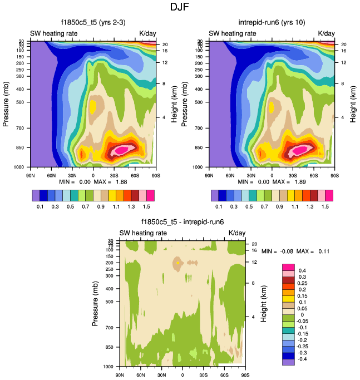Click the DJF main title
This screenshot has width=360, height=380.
click(180, 8)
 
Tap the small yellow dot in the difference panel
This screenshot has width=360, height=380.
click(177, 262)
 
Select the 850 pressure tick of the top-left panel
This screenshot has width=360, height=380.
click(22, 148)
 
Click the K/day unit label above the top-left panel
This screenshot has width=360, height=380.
click(148, 33)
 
